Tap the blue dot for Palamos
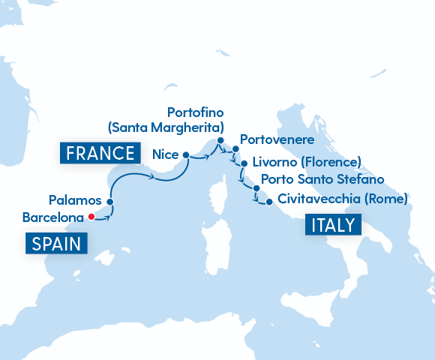(109, 202)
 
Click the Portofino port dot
(220, 140)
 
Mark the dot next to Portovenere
(235, 148)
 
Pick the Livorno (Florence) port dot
(244, 162)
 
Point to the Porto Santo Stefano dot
(256, 188)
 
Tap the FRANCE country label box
(100, 154)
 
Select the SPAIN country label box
(57, 243)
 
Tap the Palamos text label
(74, 200)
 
